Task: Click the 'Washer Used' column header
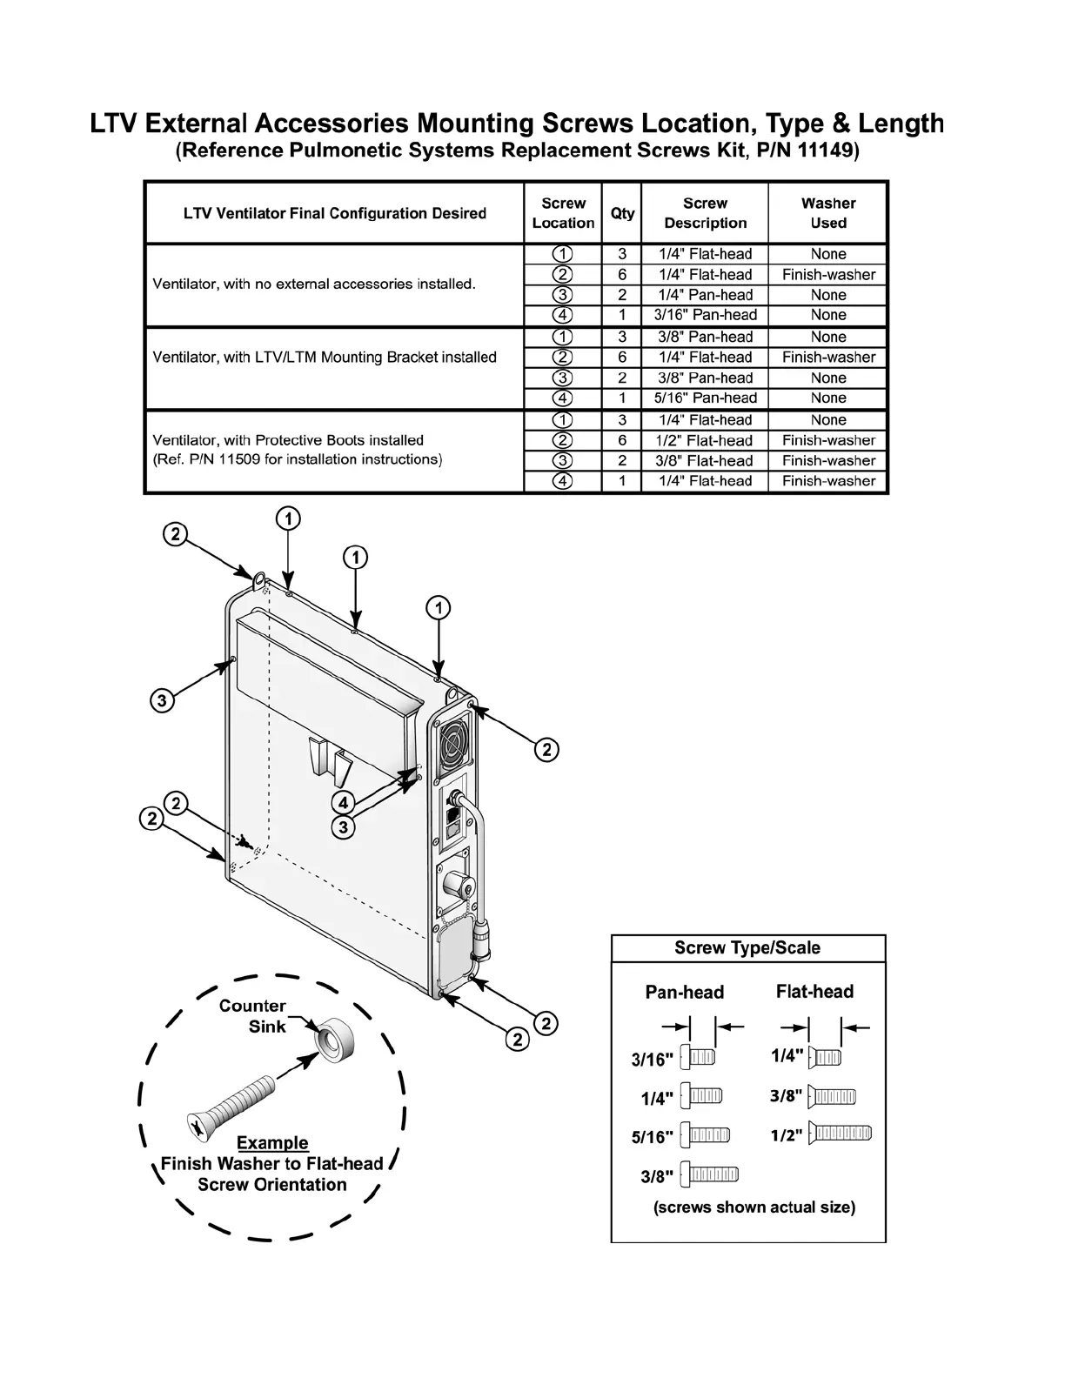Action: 827,213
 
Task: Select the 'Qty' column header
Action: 622,213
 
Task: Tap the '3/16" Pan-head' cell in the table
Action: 705,315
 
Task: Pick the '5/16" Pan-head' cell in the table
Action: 705,398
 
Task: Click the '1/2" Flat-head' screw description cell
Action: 705,440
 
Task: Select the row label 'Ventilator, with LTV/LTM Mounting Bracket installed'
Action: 325,357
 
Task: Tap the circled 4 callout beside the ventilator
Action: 344,803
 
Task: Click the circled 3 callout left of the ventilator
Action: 161,700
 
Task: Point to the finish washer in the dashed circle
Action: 335,1037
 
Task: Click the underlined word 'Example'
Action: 272,1143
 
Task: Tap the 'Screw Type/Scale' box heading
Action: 747,948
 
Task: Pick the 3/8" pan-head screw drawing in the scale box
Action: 709,1175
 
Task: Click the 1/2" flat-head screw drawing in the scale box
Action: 840,1134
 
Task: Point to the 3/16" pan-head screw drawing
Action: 698,1058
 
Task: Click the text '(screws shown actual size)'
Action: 754,1207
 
